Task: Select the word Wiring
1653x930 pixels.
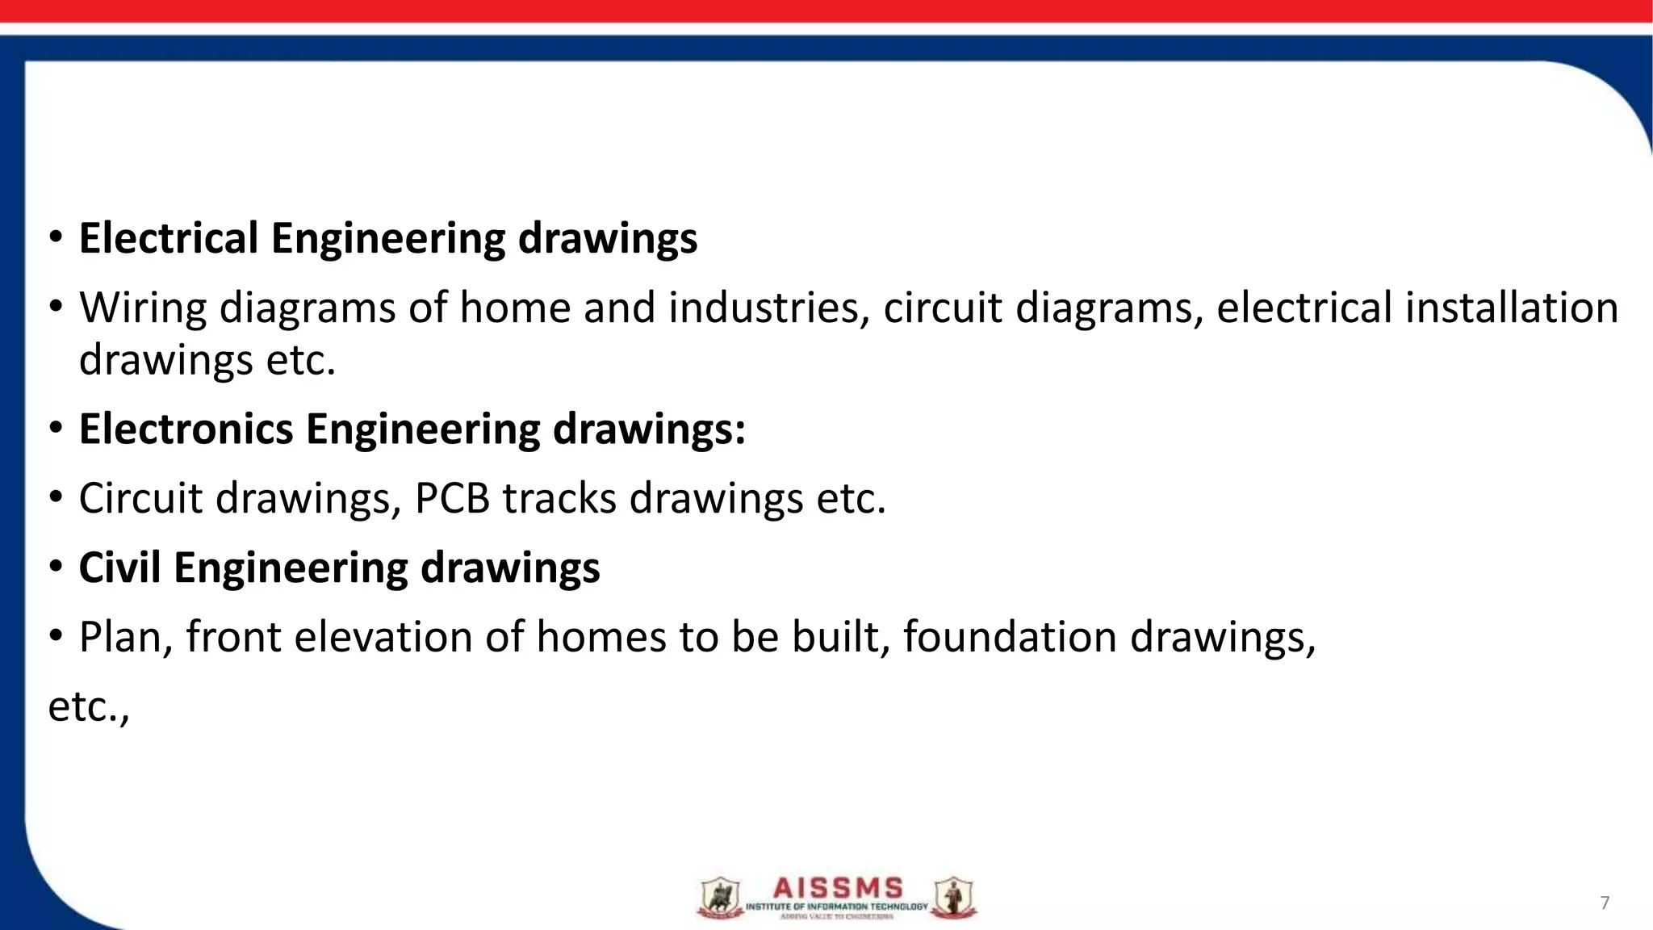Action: click(143, 308)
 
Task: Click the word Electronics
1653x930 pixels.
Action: click(186, 429)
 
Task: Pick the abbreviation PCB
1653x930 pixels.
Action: click(452, 498)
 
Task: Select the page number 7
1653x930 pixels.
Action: click(1605, 903)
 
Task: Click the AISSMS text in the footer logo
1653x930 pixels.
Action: click(837, 890)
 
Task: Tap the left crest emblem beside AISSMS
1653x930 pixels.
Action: click(717, 899)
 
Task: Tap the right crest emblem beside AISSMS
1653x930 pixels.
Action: click(953, 899)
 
